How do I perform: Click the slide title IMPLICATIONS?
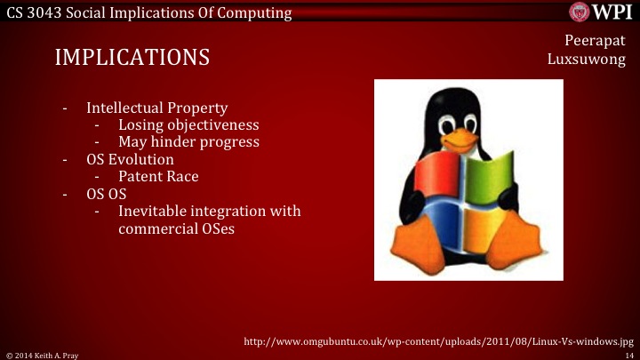[x=132, y=58]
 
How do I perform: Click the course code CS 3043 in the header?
[x=35, y=12]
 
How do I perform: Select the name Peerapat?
[x=595, y=41]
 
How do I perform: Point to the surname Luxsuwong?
[x=587, y=60]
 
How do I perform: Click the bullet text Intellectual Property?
[x=150, y=108]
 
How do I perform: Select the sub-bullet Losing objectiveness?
[x=188, y=124]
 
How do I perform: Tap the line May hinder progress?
[x=188, y=141]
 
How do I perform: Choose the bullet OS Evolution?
[x=130, y=159]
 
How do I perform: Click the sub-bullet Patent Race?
[x=158, y=176]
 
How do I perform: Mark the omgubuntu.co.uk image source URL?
[x=437, y=340]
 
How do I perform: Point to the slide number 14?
[x=628, y=354]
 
